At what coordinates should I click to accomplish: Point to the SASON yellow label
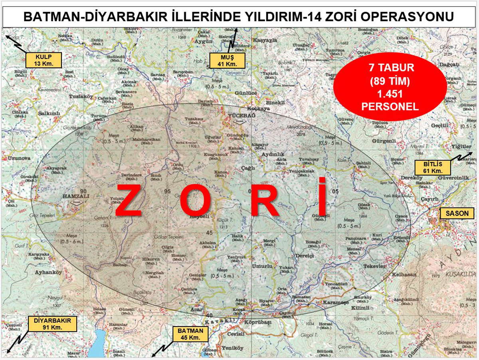pos(457,214)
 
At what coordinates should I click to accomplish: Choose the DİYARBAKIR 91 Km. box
pos(52,324)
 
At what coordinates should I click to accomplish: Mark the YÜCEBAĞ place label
pos(238,115)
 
